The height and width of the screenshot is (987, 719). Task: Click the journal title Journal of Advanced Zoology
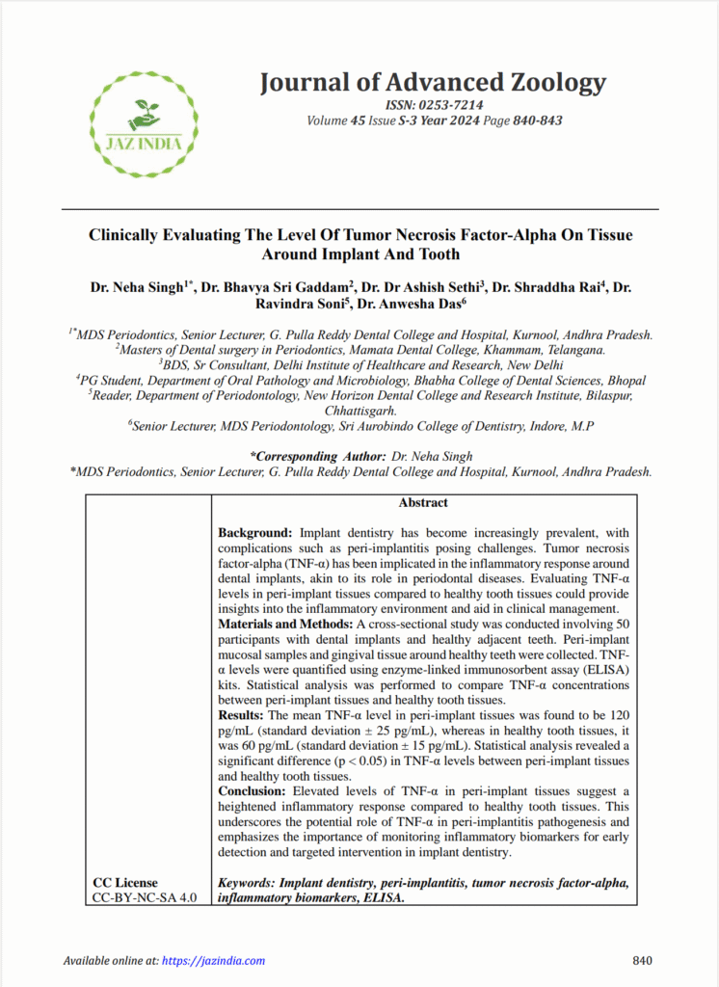432,83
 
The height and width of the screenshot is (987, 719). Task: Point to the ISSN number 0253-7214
448,105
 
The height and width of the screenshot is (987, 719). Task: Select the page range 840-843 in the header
538,120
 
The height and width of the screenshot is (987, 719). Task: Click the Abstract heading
423,503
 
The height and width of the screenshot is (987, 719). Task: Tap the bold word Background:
255,532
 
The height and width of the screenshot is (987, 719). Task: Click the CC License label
125,883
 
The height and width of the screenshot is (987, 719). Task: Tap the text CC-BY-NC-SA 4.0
145,898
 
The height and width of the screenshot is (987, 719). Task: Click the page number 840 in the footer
643,961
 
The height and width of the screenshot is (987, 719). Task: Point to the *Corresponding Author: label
316,455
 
